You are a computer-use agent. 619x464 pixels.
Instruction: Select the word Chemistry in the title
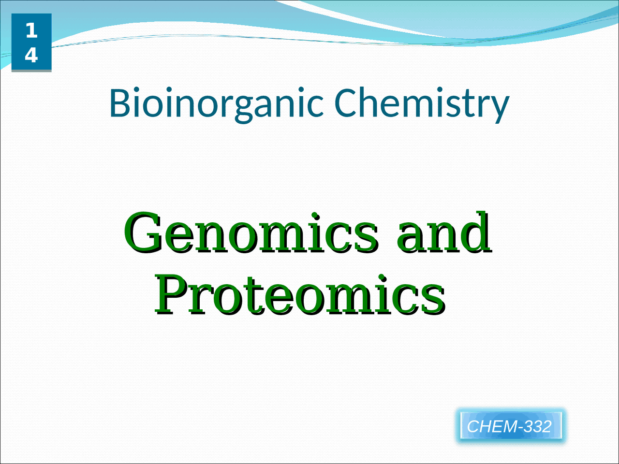coord(422,102)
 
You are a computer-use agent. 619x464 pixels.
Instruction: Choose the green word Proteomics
coord(300,294)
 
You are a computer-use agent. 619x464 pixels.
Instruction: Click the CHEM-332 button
coord(510,426)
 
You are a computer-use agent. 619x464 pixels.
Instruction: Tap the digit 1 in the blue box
coord(31,31)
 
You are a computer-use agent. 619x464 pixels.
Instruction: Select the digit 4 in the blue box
coord(31,55)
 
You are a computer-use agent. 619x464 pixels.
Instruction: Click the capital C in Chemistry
coord(347,102)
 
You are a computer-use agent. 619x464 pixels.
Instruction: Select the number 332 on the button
coord(537,426)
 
